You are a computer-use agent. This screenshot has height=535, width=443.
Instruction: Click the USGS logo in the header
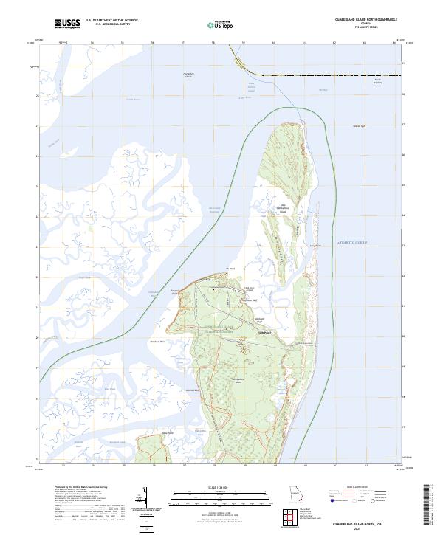[x=67, y=24]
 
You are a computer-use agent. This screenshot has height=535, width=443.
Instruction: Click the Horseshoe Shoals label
[x=192, y=76]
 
